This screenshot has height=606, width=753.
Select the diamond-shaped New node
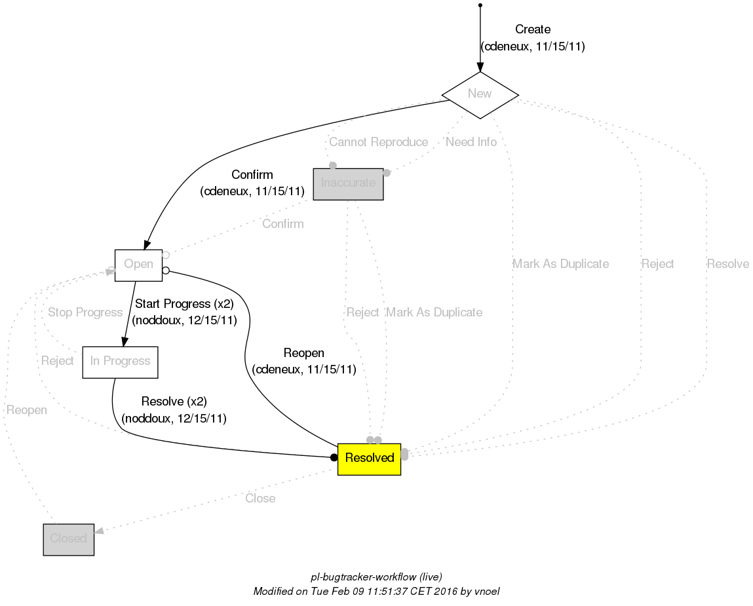480,94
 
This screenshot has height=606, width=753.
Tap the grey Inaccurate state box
348,183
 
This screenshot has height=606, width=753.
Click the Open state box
138,265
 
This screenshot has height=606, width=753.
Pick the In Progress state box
120,362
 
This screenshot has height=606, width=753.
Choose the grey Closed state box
69,539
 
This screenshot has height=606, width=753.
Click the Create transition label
532,29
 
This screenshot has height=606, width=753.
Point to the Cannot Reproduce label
378,142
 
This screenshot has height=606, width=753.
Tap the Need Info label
471,142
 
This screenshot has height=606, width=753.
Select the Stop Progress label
85,312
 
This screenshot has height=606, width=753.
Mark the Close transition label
260,499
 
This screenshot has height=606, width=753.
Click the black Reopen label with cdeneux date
303,354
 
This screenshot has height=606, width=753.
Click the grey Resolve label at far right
727,264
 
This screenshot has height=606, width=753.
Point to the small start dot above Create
480,5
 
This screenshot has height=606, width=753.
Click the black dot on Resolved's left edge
334,457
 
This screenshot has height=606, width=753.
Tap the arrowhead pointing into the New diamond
480,67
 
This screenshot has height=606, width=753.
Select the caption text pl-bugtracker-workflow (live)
376,577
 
